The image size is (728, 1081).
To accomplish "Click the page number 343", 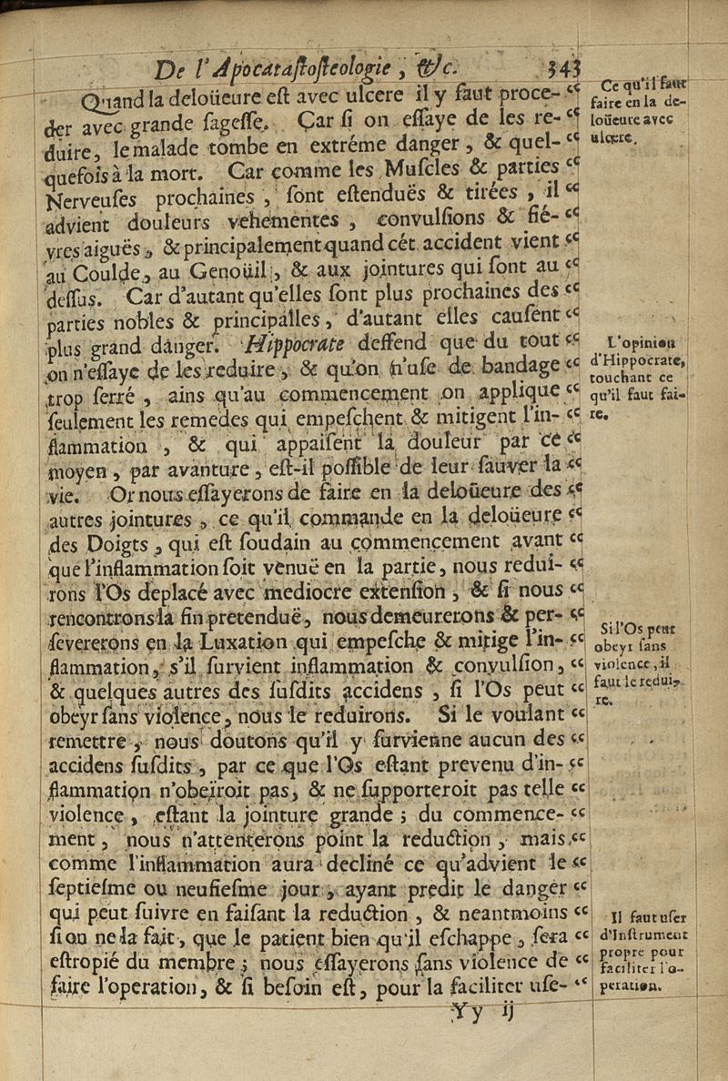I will tap(565, 69).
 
